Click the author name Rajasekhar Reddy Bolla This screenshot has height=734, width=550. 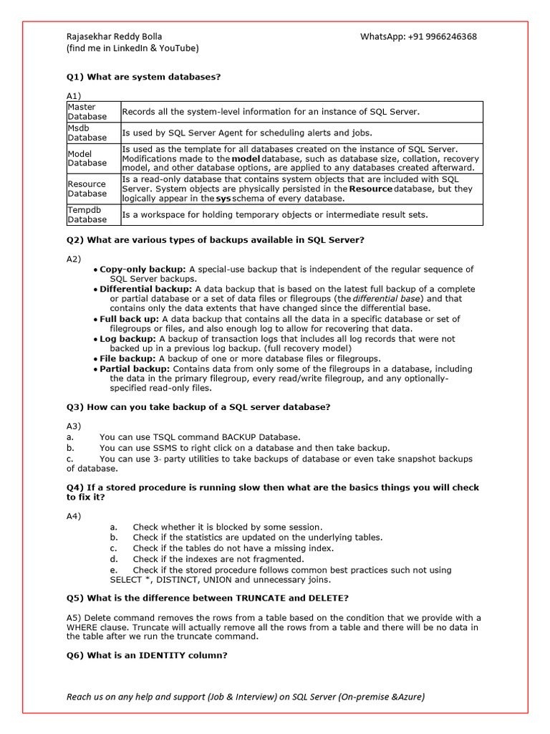[x=119, y=37]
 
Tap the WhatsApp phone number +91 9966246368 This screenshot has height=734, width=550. [x=418, y=37]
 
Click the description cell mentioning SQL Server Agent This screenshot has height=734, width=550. [x=247, y=133]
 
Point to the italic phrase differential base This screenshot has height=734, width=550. [x=388, y=299]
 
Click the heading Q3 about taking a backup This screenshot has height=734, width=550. [x=198, y=407]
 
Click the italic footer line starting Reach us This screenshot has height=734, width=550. [x=246, y=697]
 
